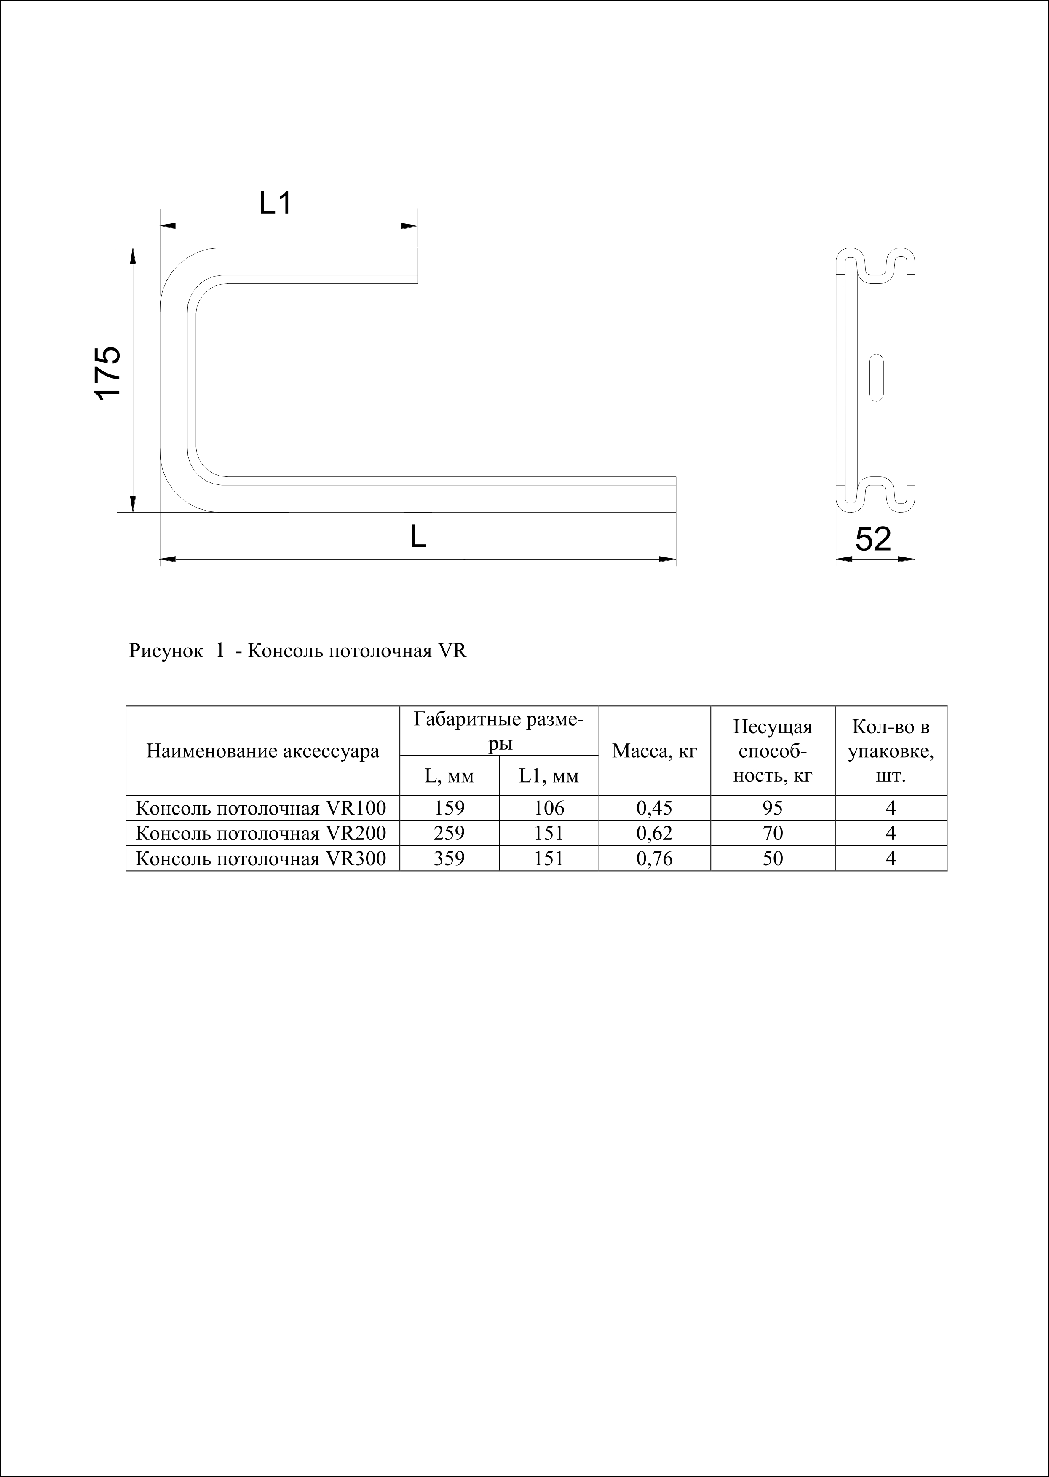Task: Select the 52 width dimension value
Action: (x=873, y=539)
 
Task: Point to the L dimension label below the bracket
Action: (x=419, y=536)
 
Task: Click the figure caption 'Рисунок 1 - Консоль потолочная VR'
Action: (x=298, y=650)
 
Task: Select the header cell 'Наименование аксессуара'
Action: (x=263, y=751)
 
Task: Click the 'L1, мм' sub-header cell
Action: (x=549, y=776)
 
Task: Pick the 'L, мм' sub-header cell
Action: (x=449, y=776)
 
